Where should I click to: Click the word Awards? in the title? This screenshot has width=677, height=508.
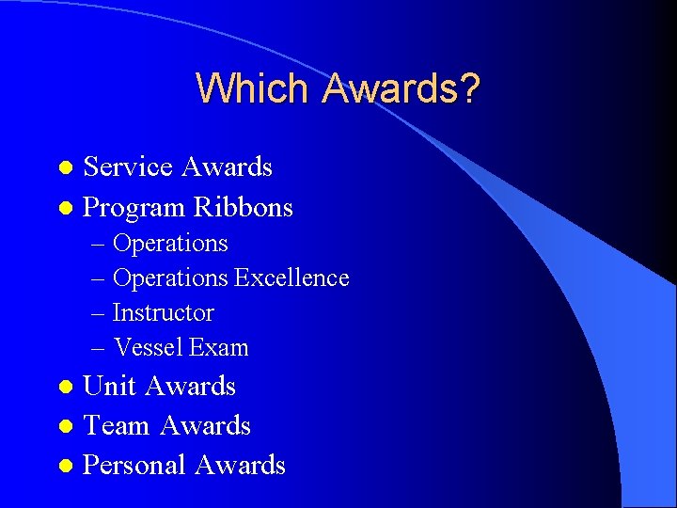coord(401,88)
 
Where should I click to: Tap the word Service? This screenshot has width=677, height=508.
coord(128,167)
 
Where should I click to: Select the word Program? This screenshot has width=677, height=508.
coord(134,208)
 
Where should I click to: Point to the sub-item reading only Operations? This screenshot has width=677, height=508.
coord(170,244)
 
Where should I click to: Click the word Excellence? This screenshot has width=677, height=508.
coord(291,278)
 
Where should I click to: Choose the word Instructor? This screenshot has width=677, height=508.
coord(163,312)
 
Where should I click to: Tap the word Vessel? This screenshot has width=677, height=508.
coord(148,347)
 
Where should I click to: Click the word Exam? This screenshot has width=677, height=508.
coord(219,347)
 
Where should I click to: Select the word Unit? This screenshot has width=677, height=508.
coord(110,387)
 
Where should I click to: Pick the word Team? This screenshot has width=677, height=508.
coord(117,426)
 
